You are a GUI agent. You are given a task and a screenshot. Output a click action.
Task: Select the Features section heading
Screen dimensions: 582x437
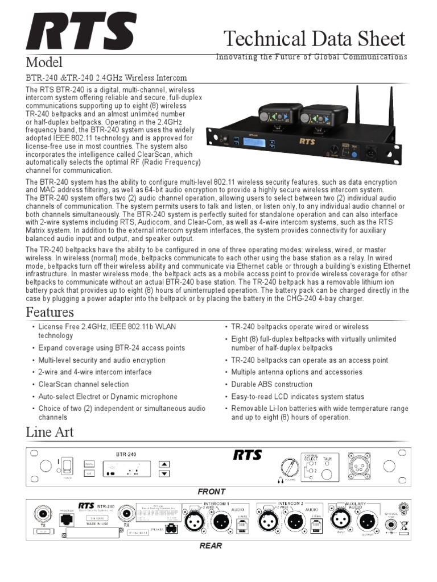tap(50, 312)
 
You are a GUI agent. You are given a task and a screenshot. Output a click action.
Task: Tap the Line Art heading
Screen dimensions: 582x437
tap(50, 432)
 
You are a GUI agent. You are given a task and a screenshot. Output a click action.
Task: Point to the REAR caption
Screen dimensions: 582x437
tap(211, 546)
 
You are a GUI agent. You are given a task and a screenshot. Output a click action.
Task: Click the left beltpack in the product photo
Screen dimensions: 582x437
tap(277, 114)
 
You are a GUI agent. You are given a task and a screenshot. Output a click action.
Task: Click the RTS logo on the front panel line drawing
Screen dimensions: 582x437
tap(247, 455)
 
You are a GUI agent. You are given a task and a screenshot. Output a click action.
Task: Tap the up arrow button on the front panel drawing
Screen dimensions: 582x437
tap(164, 463)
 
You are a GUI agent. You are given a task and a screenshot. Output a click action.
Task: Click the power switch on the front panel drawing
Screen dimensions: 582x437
tap(67, 466)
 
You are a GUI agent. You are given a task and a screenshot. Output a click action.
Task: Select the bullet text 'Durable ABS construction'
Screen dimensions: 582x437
tap(271, 384)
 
